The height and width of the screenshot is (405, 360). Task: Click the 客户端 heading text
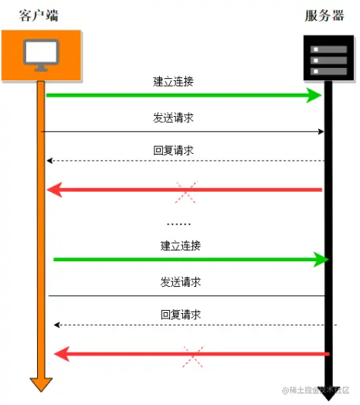click(39, 15)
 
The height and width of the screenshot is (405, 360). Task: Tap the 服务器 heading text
click(324, 15)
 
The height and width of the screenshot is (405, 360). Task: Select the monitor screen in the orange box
click(41, 52)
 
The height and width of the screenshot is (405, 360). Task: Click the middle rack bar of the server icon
click(329, 60)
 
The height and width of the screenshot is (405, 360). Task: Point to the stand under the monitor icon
click(41, 68)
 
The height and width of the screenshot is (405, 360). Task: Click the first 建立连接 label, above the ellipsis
click(173, 82)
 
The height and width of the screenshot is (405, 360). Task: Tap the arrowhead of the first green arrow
click(314, 95)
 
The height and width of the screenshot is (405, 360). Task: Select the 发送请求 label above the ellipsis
click(173, 117)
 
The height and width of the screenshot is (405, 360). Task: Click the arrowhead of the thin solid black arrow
click(321, 132)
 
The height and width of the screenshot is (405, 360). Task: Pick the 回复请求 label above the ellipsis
click(173, 150)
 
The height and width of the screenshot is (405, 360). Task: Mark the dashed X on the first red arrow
click(186, 192)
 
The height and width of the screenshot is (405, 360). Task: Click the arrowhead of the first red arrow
click(54, 190)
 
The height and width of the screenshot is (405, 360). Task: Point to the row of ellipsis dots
click(178, 224)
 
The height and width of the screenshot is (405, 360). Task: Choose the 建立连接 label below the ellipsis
click(181, 246)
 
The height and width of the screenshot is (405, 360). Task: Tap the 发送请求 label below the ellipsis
click(181, 282)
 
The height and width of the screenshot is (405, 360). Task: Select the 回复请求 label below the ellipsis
click(181, 315)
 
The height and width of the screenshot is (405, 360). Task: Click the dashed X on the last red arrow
click(193, 356)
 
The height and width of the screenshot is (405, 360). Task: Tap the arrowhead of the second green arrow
click(321, 260)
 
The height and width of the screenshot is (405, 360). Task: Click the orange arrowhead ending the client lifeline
click(41, 385)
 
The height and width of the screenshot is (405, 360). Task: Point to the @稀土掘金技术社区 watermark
click(316, 390)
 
